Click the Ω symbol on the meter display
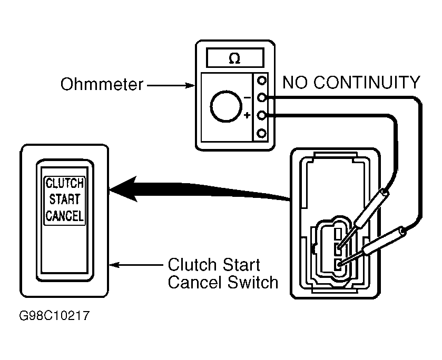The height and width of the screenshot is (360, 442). pyautogui.click(x=233, y=58)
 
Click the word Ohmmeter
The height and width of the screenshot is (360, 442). pyautogui.click(x=101, y=84)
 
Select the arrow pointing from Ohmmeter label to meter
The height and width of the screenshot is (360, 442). pyautogui.click(x=170, y=84)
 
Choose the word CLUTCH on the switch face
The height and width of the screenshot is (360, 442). pyautogui.click(x=65, y=184)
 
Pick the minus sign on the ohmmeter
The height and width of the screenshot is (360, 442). pyautogui.click(x=247, y=97)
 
